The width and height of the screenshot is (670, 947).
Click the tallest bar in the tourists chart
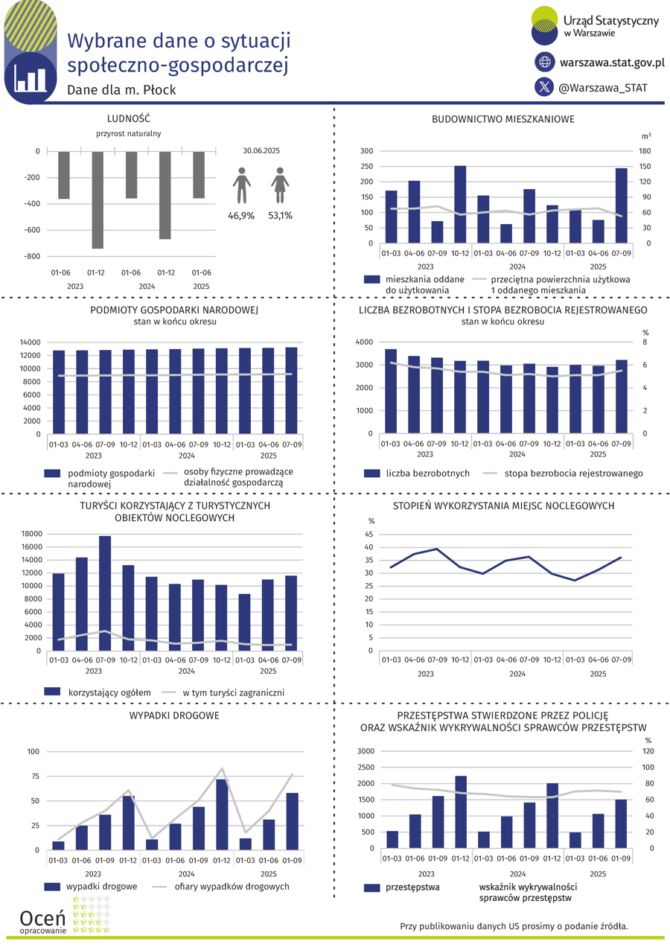pos(105,593)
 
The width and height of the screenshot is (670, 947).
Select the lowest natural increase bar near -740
pos(98,200)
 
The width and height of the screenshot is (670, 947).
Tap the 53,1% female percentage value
pos(280,215)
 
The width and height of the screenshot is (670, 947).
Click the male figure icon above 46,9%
pos(241,185)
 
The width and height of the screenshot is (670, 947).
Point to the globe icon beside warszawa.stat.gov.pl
pos(545,62)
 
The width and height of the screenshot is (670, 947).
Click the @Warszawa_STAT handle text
pos(602,87)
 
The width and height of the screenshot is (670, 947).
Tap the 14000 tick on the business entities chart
pos(31,342)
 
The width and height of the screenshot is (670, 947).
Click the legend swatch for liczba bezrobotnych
pos(372,473)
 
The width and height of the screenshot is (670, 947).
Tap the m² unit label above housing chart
pos(645,136)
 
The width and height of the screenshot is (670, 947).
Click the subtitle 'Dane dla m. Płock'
pos(121,90)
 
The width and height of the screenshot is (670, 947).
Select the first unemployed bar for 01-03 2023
pos(391,391)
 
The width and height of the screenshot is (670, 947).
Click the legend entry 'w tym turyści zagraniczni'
pos(233,692)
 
